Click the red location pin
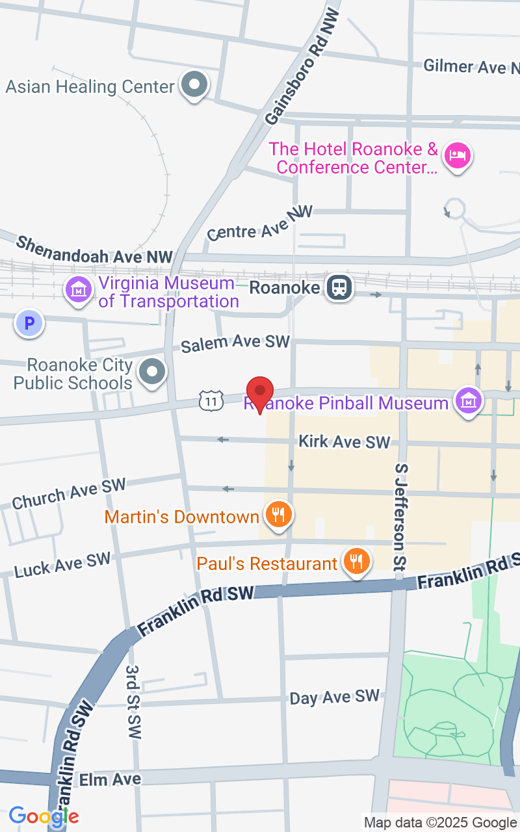261,392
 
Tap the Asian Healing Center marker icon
194,84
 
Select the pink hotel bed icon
458,155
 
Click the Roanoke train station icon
339,287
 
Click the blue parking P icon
29,322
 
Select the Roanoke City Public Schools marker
153,372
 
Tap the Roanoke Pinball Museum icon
468,401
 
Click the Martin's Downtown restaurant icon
279,515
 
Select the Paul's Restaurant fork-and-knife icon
356,561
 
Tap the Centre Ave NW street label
260,223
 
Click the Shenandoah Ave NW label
94,250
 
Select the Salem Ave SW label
235,343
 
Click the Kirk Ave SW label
344,442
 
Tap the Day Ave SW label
334,697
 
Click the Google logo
43,816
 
